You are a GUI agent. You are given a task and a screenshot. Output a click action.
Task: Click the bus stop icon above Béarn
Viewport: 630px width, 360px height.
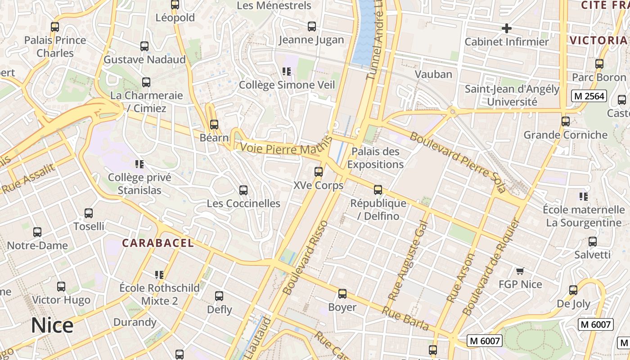tap(214, 125)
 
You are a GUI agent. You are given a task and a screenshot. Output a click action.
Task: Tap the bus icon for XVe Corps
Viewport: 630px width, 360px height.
tap(319, 172)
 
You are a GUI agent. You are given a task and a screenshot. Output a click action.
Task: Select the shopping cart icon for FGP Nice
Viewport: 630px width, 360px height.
tap(520, 271)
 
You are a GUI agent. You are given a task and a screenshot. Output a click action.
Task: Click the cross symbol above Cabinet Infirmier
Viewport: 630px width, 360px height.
tap(507, 29)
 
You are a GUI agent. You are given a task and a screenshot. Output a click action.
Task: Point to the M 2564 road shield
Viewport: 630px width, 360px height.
tap(589, 96)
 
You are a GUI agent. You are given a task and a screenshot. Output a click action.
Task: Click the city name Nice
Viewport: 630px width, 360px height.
tap(52, 325)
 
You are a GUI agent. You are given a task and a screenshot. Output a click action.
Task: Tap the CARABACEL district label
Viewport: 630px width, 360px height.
tap(158, 243)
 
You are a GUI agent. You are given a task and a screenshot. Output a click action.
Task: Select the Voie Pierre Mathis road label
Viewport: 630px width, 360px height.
tap(283, 149)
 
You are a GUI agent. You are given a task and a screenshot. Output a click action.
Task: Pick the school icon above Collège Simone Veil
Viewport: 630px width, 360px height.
tap(287, 72)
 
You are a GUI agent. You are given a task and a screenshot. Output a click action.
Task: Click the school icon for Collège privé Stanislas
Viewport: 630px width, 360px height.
tap(139, 164)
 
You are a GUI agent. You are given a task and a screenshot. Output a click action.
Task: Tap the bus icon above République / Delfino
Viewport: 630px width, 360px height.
tap(378, 190)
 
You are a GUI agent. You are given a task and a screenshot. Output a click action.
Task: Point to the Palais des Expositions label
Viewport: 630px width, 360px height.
tap(375, 158)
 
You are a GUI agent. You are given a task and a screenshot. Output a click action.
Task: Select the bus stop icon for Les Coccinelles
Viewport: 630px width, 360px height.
tap(243, 190)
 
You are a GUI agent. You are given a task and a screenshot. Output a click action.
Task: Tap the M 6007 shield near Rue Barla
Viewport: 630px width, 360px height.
tap(484, 341)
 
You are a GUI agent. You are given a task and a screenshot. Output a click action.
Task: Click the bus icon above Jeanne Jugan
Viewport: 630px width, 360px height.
tap(312, 27)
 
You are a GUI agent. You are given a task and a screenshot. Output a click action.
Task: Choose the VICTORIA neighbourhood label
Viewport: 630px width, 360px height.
tap(598, 40)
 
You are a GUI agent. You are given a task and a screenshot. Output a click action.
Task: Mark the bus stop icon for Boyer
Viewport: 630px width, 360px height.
tap(342, 294)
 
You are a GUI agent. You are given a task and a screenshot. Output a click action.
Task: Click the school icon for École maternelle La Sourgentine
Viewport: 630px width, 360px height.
tap(584, 197)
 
